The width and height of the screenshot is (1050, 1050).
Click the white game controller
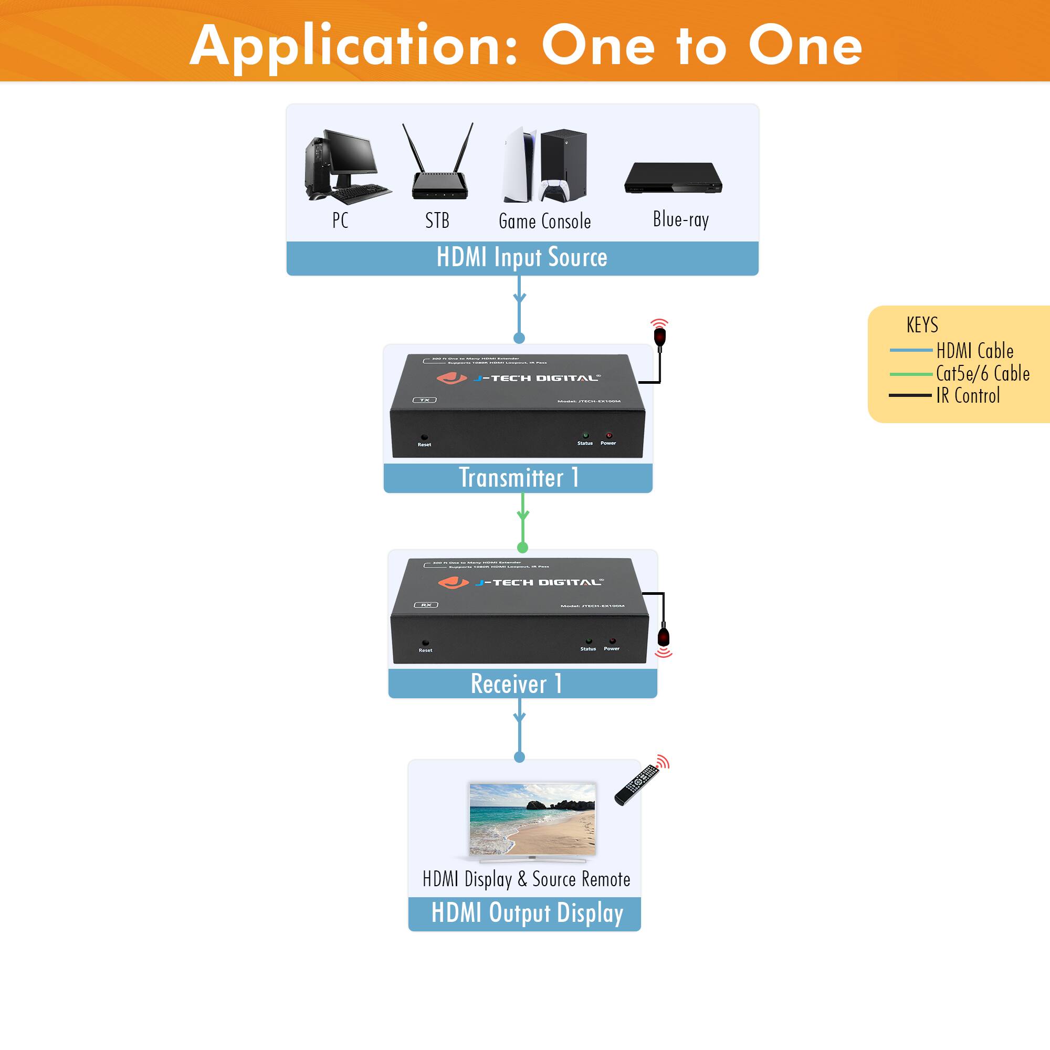pyautogui.click(x=554, y=190)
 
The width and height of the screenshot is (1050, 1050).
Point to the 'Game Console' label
pyautogui.click(x=544, y=221)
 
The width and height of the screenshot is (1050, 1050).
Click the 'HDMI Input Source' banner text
pyautogui.click(x=522, y=258)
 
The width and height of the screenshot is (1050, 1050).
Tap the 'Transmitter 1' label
pyautogui.click(x=519, y=478)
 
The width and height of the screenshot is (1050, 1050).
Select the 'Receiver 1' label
pyautogui.click(x=516, y=684)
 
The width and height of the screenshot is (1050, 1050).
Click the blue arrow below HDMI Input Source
pyautogui.click(x=520, y=298)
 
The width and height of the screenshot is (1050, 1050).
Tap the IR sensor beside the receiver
pyautogui.click(x=664, y=638)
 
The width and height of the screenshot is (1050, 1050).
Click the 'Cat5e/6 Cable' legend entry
pyautogui.click(x=982, y=374)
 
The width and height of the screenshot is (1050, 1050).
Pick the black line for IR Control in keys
pyautogui.click(x=910, y=396)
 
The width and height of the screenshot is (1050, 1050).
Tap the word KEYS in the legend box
pyautogui.click(x=922, y=325)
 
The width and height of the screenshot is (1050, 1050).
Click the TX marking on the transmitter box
pyautogui.click(x=424, y=400)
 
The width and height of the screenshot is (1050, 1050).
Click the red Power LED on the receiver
pyautogui.click(x=612, y=642)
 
